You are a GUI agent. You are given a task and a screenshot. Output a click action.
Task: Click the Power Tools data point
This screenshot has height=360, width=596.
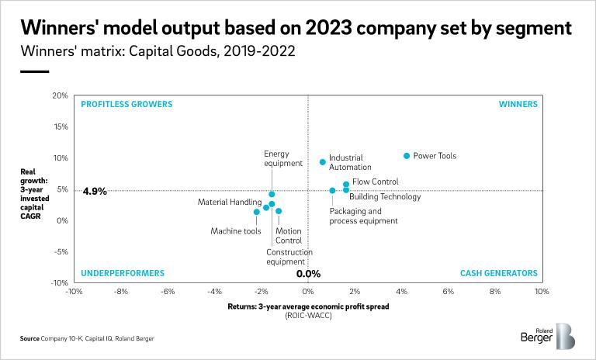click(407, 156)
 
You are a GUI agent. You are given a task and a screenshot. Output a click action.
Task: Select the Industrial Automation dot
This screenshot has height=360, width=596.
click(323, 162)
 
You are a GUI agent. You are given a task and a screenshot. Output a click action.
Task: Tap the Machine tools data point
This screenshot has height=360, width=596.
click(257, 212)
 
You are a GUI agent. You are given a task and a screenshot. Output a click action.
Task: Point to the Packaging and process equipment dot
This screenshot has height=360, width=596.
click(332, 190)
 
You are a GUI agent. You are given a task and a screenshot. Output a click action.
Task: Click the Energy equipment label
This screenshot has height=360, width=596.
click(282, 158)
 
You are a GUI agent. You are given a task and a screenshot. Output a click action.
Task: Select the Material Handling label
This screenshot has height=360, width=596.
click(229, 202)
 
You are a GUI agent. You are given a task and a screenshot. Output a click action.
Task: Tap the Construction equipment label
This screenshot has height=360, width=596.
click(289, 257)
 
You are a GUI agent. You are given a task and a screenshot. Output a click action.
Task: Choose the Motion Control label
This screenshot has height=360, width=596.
click(289, 236)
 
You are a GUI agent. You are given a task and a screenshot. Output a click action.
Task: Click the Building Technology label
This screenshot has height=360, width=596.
click(385, 197)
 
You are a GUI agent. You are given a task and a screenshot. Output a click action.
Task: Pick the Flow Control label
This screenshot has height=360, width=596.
click(376, 182)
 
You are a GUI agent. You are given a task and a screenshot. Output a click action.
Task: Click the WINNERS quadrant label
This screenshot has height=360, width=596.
click(518, 103)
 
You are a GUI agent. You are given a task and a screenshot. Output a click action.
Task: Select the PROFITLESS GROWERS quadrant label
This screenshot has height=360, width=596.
click(126, 103)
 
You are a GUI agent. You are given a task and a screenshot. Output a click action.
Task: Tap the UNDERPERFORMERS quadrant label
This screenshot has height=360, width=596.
click(123, 273)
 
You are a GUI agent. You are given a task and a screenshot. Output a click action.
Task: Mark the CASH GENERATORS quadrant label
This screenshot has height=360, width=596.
click(498, 273)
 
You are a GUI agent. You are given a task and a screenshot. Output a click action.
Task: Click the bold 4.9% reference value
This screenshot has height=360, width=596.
click(95, 191)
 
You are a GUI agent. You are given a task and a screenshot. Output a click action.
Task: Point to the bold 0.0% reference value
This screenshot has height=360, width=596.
click(309, 273)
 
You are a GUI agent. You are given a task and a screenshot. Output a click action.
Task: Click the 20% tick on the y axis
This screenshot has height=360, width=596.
click(61, 95)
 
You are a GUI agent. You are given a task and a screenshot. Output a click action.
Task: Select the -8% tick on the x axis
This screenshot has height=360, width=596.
click(120, 292)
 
